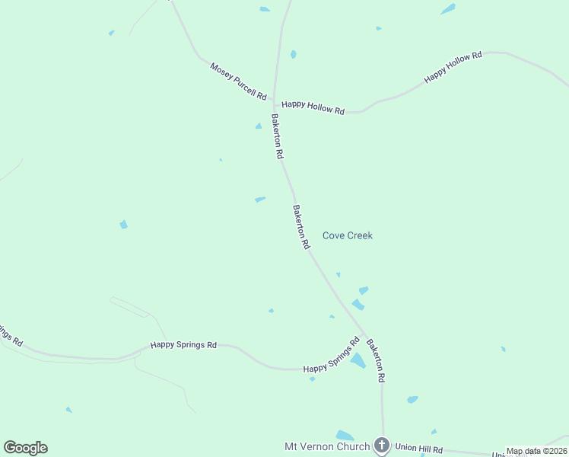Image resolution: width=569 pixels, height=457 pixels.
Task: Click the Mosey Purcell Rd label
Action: point(239,82)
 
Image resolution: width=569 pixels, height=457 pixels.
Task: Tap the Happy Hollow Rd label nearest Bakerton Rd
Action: point(313,107)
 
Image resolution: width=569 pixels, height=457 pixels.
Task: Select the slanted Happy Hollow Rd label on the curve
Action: point(453,67)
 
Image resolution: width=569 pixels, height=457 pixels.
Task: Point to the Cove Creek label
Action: point(348,235)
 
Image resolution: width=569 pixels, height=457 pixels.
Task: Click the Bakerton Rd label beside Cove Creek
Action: point(302,227)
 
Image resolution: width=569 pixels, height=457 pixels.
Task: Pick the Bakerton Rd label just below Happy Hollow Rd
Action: point(278,136)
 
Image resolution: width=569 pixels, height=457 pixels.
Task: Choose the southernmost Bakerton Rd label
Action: point(376,361)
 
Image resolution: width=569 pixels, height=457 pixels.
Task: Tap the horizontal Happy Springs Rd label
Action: point(183,345)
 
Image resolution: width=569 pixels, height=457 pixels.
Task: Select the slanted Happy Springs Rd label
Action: point(331,356)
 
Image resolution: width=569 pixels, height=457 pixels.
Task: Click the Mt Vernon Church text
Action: point(327,446)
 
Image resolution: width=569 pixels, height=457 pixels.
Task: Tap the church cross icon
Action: point(382,446)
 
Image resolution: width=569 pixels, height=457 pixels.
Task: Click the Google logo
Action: point(25,448)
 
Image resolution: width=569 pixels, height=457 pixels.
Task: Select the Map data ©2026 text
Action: point(537,451)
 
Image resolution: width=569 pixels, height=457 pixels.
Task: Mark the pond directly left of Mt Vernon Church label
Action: point(345,436)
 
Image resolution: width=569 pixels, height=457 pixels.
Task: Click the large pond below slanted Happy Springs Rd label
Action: point(358,360)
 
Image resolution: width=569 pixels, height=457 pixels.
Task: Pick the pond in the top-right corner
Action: point(448,9)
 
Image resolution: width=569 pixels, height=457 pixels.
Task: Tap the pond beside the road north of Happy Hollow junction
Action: point(293,55)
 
